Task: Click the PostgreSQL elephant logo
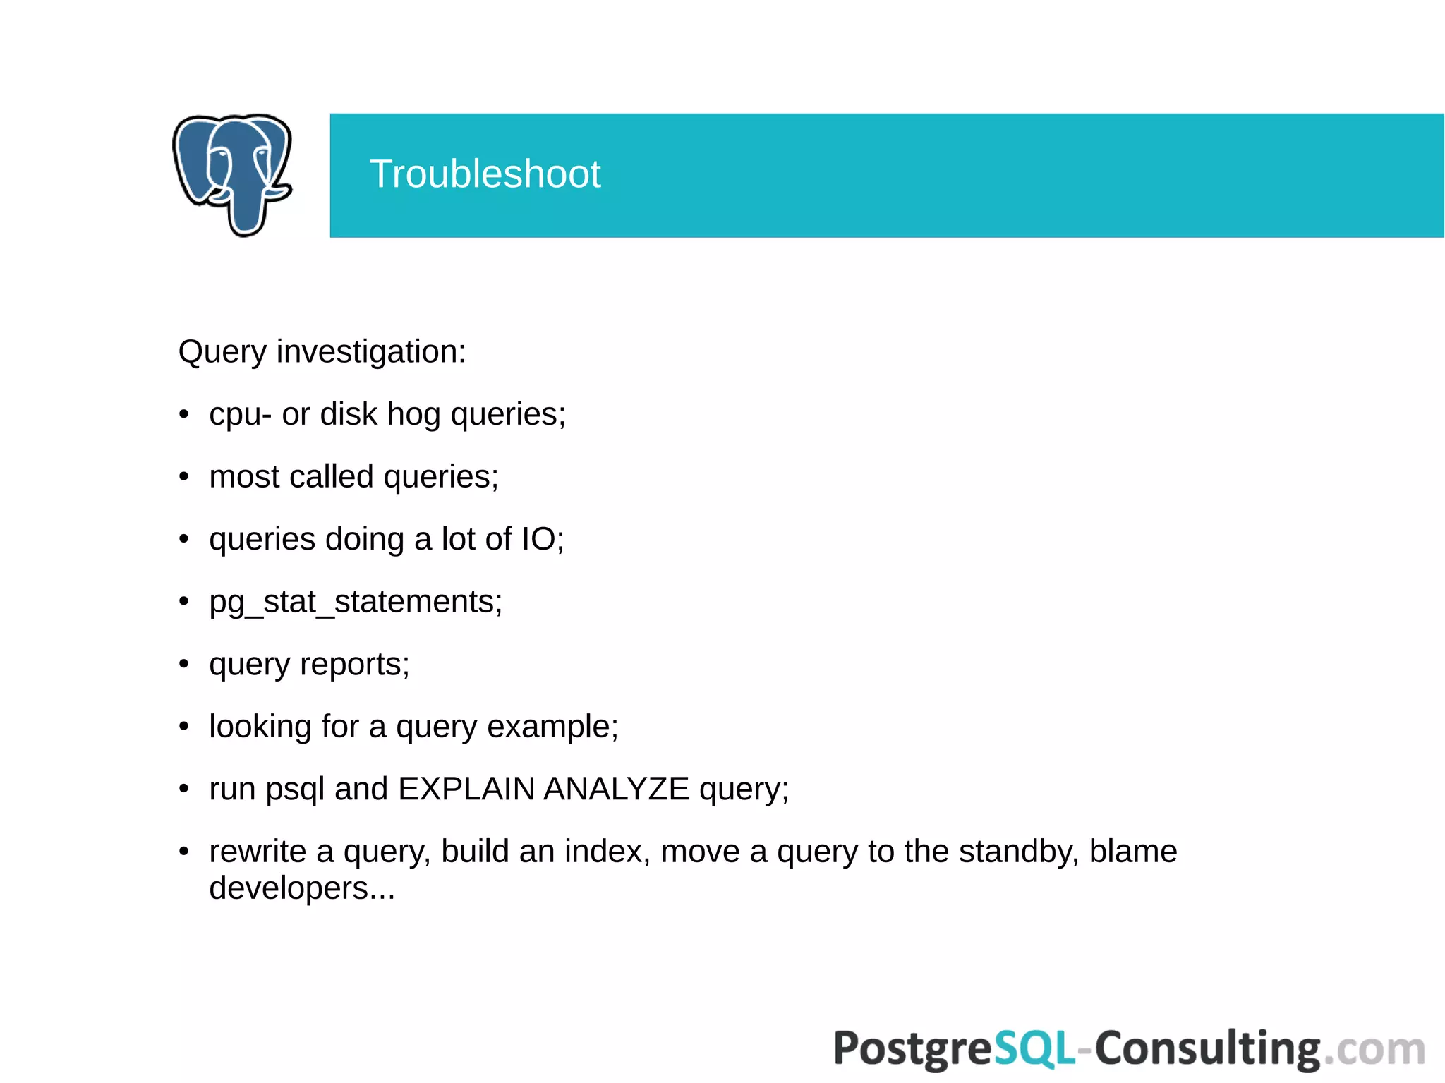232,174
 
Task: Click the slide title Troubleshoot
485,174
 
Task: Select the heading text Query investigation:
322,351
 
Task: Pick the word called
332,477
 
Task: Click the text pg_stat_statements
354,602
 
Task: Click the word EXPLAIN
466,789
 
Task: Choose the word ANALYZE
616,789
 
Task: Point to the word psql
295,789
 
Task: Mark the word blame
1133,852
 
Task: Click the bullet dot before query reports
184,664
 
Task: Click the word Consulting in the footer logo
1207,1048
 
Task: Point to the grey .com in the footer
1374,1050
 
